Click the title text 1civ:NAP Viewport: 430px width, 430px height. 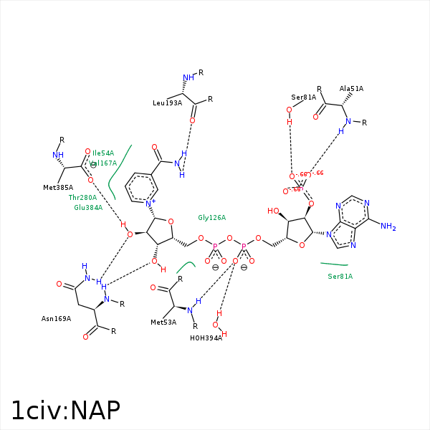65,410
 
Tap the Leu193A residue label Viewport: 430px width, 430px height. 167,103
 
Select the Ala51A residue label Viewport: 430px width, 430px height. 351,89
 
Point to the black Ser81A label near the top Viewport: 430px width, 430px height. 303,97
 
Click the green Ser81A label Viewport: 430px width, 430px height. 340,276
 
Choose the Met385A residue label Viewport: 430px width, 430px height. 59,188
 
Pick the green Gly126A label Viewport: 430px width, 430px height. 212,217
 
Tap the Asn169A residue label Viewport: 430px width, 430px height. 57,318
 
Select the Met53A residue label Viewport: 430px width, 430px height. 164,322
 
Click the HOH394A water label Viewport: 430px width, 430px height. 206,338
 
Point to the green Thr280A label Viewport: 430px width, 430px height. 82,197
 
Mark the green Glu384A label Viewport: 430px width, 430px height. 88,208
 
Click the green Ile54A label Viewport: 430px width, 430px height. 103,153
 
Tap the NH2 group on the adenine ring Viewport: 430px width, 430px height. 388,226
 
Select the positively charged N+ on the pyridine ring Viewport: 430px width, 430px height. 150,204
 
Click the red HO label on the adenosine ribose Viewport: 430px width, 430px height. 273,211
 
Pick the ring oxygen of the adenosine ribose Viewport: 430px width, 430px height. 302,245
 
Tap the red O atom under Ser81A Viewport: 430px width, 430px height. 290,110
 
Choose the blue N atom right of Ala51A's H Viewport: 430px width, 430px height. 349,121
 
